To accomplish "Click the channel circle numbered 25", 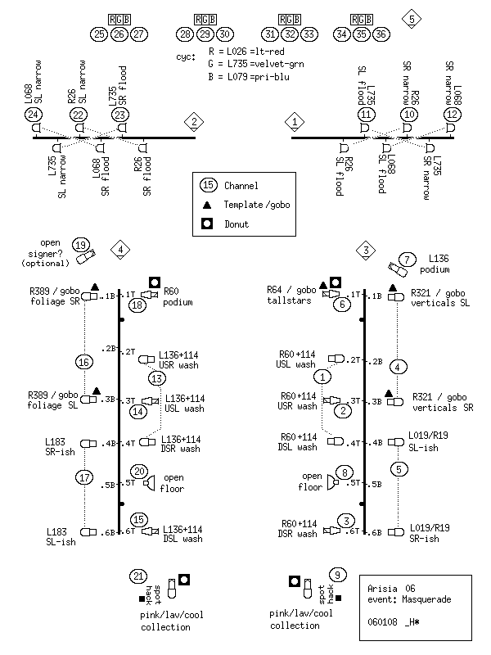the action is [99, 34].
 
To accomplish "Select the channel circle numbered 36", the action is [381, 34].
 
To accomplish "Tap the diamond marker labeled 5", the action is [412, 19].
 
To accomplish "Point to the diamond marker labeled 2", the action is [194, 122].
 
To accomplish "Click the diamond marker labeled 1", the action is [295, 122].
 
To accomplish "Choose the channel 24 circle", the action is [33, 115].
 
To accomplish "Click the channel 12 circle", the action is [452, 115].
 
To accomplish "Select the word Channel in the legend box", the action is [241, 186].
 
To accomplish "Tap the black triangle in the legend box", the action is [207, 206].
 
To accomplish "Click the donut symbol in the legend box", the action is [207, 224].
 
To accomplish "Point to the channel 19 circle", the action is [80, 246].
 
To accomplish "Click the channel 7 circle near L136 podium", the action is [407, 260].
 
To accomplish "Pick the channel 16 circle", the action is [84, 362].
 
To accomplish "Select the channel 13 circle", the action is [156, 378].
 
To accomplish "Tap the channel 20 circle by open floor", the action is [139, 472].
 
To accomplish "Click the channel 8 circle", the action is [345, 472].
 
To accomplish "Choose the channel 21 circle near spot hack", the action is [138, 576].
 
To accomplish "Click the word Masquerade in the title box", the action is [426, 599].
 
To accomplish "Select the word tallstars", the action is [289, 300].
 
